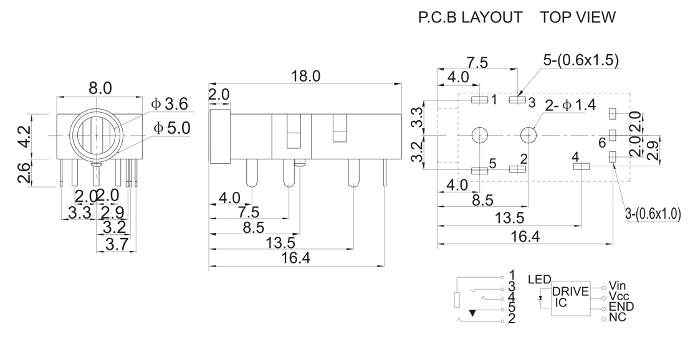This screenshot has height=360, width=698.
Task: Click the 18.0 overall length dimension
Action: click(305, 76)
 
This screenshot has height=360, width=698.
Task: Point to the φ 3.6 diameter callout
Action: click(171, 103)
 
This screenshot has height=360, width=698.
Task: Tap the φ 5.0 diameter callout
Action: click(172, 128)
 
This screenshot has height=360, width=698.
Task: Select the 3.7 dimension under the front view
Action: click(115, 244)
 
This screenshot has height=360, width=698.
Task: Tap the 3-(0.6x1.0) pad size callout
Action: click(653, 214)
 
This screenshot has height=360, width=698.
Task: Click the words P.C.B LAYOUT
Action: click(471, 18)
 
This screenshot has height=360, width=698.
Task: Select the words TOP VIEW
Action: click(578, 18)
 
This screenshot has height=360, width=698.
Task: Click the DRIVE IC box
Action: click(570, 298)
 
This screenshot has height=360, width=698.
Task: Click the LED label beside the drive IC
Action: click(539, 280)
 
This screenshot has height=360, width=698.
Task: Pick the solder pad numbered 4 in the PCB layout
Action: click(581, 166)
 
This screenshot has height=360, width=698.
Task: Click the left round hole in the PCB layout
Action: click(480, 135)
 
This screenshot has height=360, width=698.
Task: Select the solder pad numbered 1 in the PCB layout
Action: click(480, 100)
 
